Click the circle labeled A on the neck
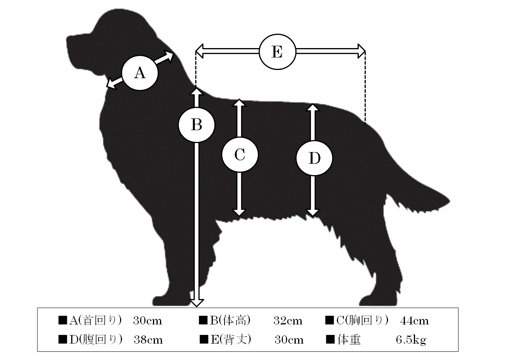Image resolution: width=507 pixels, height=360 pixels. [x=140, y=73]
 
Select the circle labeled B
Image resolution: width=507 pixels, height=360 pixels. [x=196, y=125]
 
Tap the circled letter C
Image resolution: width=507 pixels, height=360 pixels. [x=240, y=155]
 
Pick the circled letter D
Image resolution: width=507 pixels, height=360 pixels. [x=315, y=158]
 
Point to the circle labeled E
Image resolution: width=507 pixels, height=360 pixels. [x=277, y=52]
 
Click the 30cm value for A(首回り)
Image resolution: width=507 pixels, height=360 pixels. [x=147, y=321]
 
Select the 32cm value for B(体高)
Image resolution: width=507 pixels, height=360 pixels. [x=288, y=321]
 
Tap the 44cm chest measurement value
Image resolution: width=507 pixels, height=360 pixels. [x=414, y=321]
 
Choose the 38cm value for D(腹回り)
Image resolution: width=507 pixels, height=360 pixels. [x=148, y=340]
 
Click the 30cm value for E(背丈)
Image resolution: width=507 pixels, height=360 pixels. [x=289, y=340]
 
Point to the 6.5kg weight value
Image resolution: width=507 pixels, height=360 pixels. [x=411, y=340]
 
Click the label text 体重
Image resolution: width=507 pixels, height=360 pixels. [x=349, y=340]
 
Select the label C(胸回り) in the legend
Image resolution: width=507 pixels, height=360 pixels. [x=363, y=321]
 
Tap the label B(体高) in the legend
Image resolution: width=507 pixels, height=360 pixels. [x=230, y=321]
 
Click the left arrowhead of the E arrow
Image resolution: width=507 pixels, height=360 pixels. [x=199, y=51]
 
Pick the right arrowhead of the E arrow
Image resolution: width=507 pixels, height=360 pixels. [x=361, y=51]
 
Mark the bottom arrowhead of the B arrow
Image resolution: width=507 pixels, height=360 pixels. [x=196, y=303]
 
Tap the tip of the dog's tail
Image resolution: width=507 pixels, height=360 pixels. [x=449, y=201]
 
